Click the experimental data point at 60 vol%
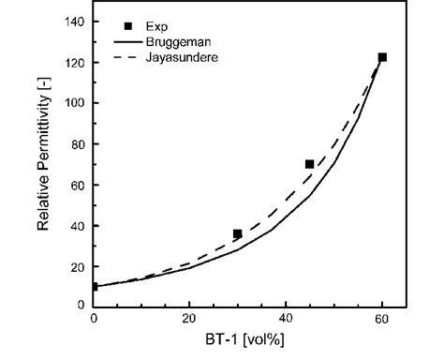[382, 58]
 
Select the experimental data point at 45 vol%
[310, 164]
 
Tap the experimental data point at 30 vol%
[238, 233]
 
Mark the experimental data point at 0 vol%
[94, 286]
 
